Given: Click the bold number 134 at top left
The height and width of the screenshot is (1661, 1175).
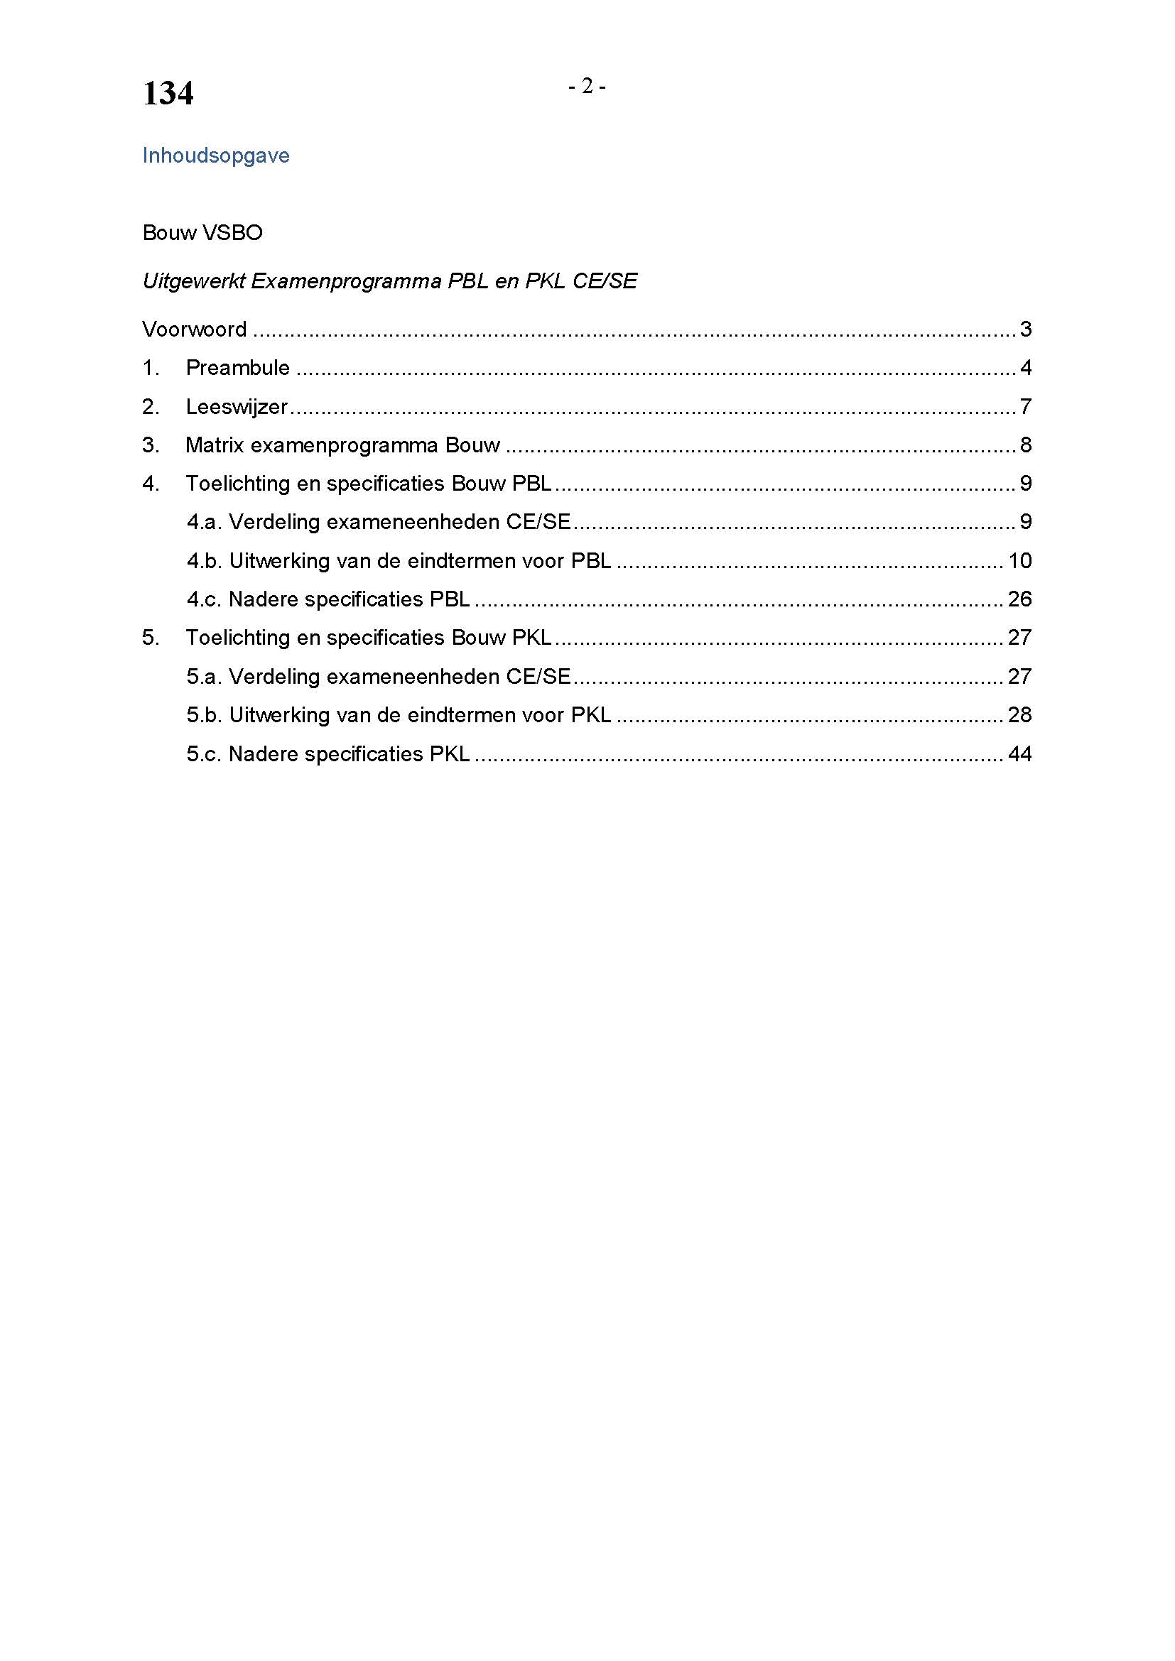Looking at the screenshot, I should (168, 93).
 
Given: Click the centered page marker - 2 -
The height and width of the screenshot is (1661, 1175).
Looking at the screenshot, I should (587, 86).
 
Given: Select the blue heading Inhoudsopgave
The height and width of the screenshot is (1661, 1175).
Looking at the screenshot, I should (216, 156).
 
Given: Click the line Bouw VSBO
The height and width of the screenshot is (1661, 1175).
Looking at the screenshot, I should (202, 233).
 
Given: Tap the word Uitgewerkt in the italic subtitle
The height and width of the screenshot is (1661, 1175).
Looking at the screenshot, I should (193, 281).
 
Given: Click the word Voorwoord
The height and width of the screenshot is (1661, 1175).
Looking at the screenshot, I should (195, 330).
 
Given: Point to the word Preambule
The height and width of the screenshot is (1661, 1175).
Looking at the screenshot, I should (237, 368).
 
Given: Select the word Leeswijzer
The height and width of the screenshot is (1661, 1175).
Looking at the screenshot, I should (237, 407).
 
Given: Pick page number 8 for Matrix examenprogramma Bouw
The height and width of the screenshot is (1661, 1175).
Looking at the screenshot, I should (1025, 445).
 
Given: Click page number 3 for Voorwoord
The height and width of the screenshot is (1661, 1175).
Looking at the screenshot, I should (1025, 330).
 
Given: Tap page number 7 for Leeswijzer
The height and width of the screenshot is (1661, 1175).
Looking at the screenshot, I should (1025, 407).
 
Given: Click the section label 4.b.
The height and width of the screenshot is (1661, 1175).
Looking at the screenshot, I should (204, 561).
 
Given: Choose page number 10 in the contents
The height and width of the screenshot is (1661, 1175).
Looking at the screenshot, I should (1019, 561).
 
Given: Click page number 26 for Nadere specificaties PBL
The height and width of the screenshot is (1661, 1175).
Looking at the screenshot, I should (1019, 599).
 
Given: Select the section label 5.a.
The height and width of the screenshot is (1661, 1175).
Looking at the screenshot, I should (204, 677).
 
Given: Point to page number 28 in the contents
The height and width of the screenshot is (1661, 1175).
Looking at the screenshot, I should (1019, 715).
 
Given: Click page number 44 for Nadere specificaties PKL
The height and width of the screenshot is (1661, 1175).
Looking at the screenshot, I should (1019, 754).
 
